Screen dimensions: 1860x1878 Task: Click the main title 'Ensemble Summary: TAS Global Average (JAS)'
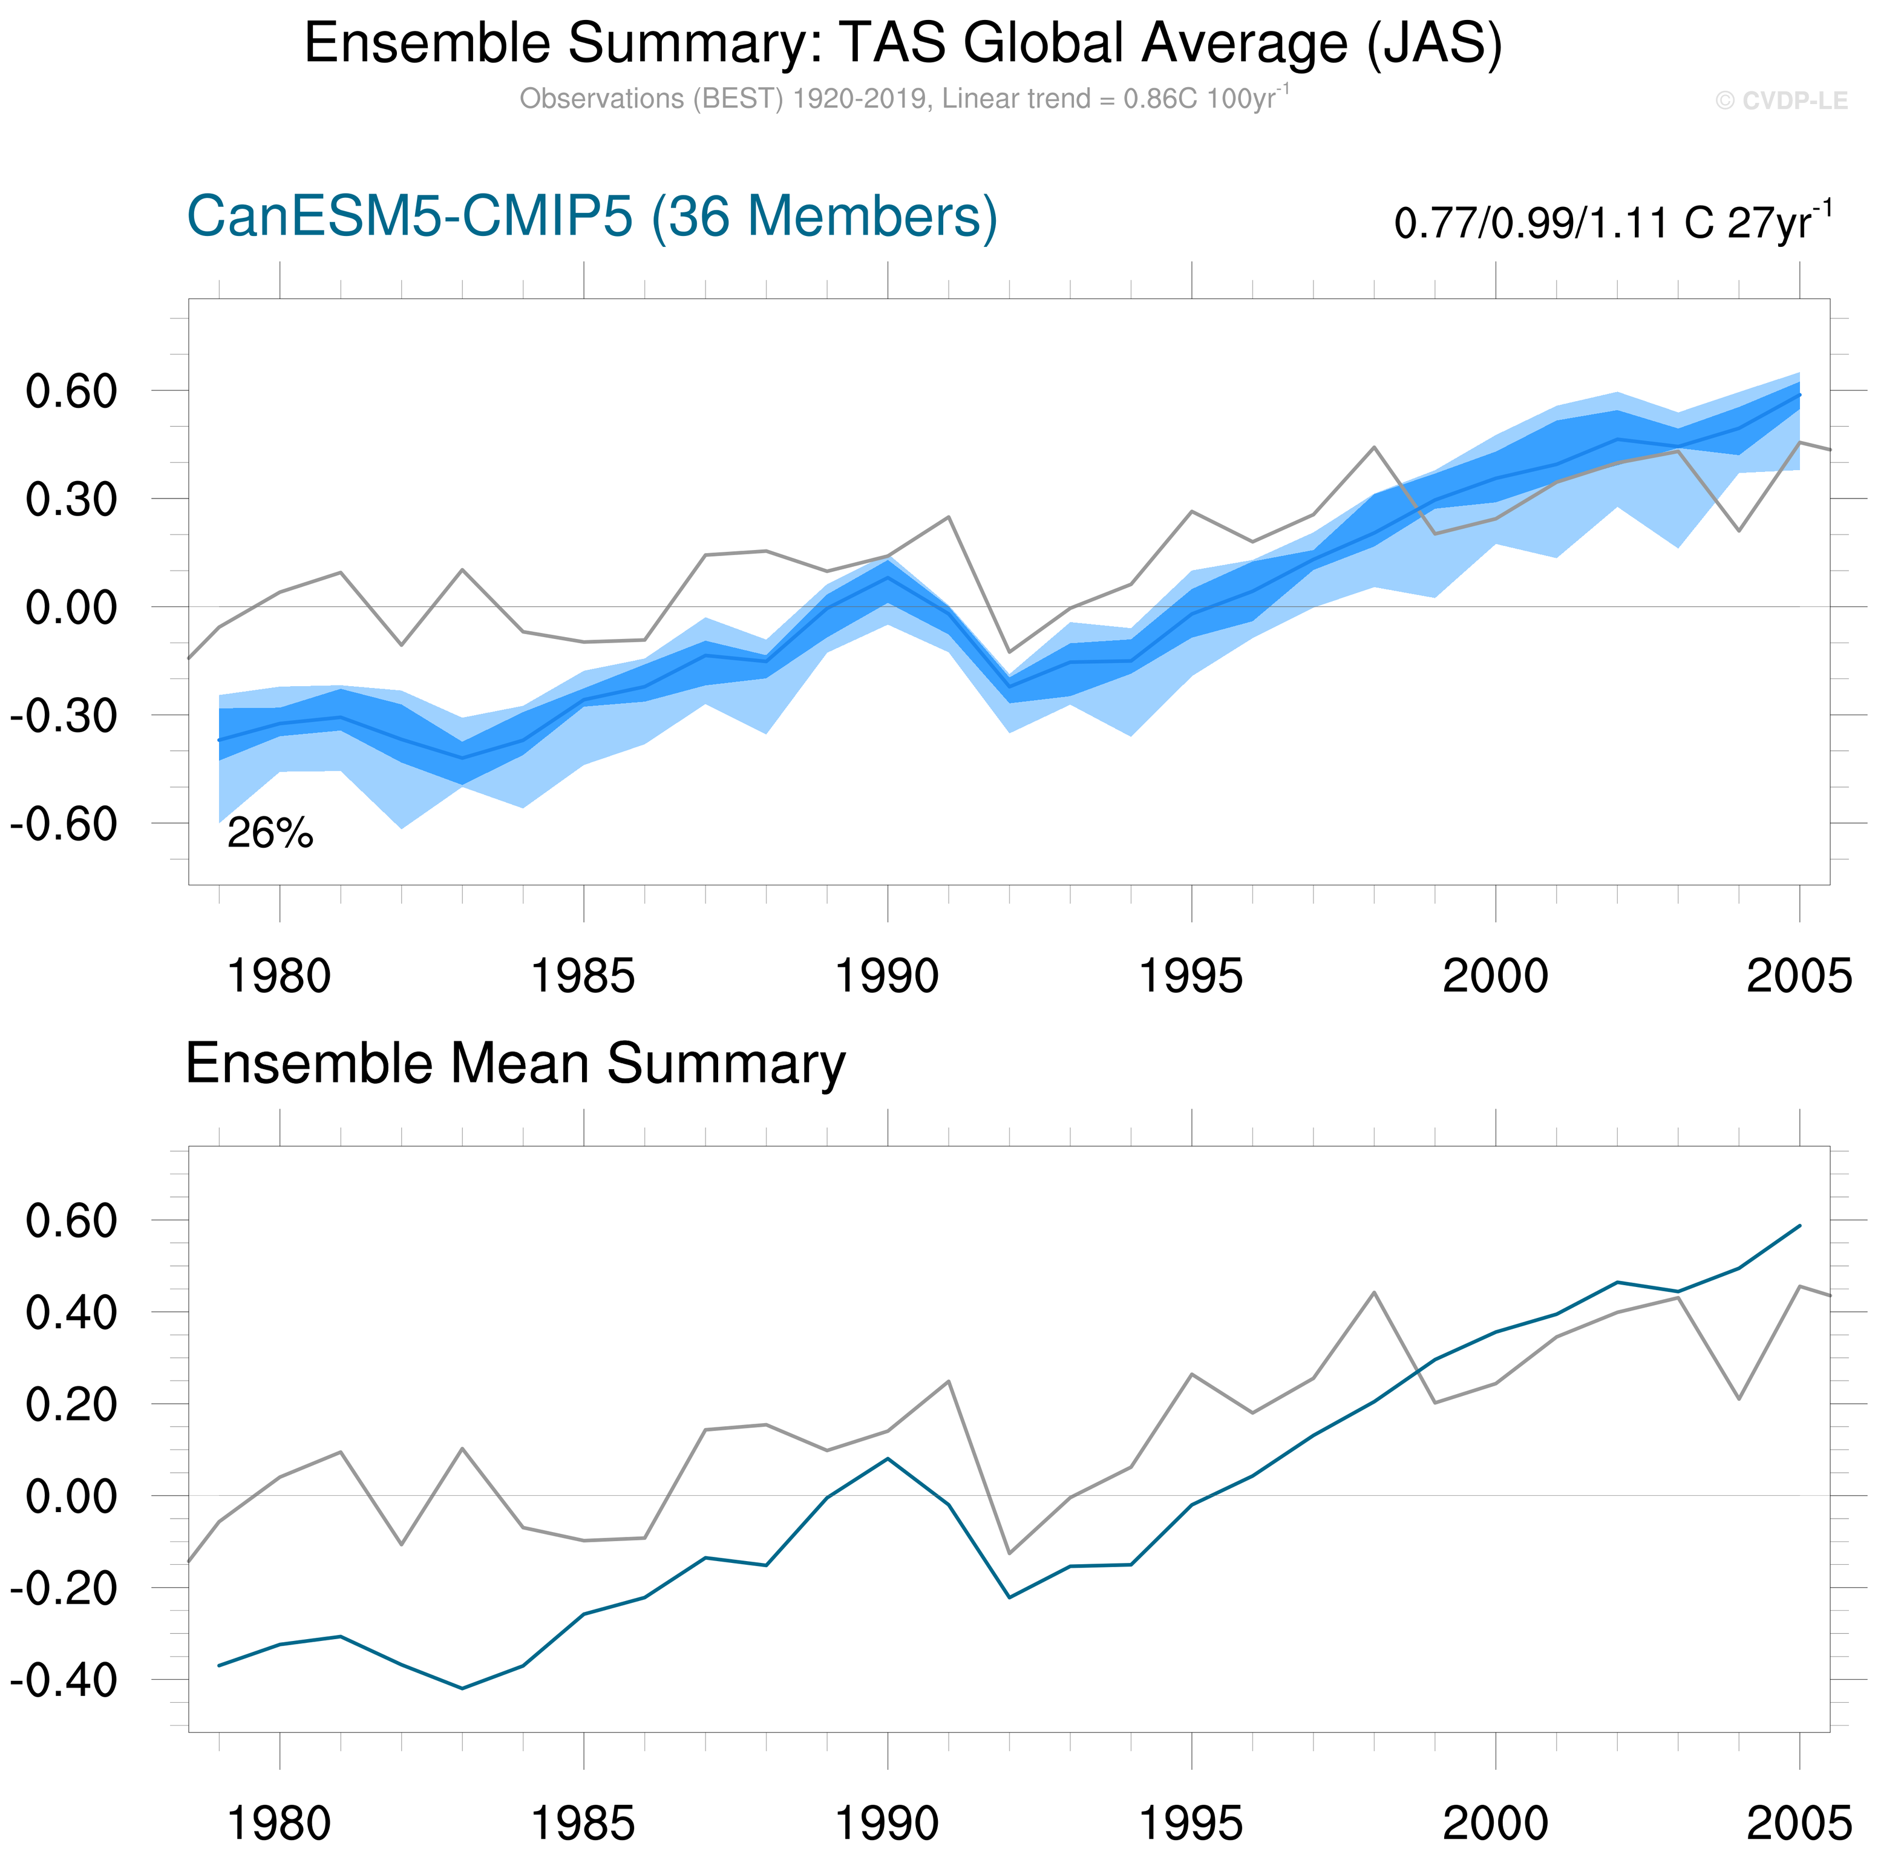pyautogui.click(x=903, y=44)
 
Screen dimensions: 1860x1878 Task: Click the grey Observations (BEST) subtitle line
pyautogui.click(x=903, y=99)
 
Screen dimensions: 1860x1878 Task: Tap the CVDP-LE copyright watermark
pyautogui.click(x=1781, y=101)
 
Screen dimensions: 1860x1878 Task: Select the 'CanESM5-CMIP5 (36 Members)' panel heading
pyautogui.click(x=591, y=216)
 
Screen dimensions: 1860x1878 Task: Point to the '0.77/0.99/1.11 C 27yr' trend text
pyautogui.click(x=1612, y=223)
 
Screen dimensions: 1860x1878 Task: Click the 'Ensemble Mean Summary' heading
pyautogui.click(x=515, y=1063)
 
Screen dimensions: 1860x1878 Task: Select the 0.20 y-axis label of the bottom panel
pyautogui.click(x=71, y=1404)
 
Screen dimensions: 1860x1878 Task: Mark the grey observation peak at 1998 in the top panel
pyautogui.click(x=1373, y=447)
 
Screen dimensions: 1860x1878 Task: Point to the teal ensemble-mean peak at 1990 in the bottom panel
pyautogui.click(x=888, y=1458)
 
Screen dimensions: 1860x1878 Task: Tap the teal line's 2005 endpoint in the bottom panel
pyautogui.click(x=1800, y=1225)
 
